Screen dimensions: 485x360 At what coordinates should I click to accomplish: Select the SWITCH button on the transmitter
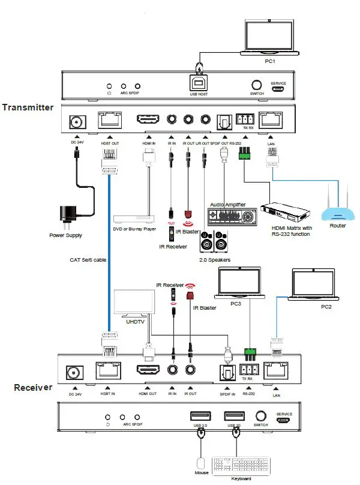257,85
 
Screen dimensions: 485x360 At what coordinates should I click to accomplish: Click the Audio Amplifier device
230,215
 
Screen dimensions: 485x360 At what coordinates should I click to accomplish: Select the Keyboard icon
239,465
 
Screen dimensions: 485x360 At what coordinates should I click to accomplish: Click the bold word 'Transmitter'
28,108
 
